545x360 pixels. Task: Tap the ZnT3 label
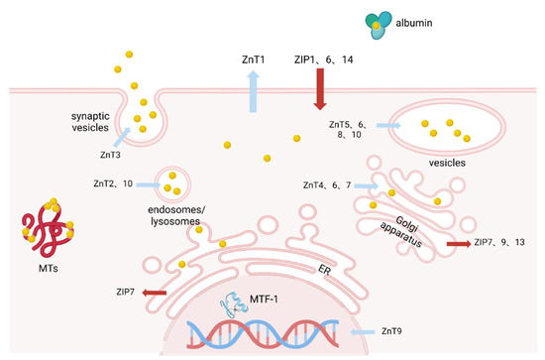click(x=111, y=155)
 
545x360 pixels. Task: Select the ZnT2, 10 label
click(x=115, y=183)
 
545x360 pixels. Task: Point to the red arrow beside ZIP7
click(x=154, y=292)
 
